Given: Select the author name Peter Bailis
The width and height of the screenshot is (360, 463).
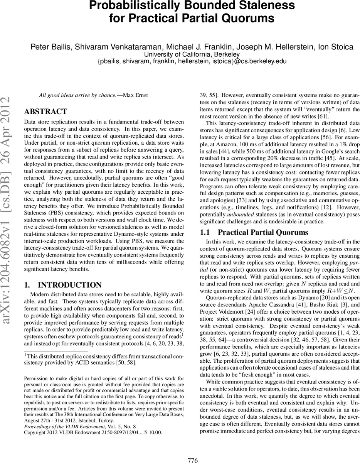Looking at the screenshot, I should tap(48, 47).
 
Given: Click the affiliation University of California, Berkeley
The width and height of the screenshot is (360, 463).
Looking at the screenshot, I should tap(192, 54).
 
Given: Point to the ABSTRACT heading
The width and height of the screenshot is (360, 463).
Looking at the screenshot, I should tap(45, 112).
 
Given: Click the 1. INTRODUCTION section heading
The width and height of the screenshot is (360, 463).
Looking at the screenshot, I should tap(63, 285).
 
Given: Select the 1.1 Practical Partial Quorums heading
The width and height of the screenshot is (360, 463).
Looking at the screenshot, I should tap(254, 232).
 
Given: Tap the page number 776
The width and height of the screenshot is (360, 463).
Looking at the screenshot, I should tap(192, 449).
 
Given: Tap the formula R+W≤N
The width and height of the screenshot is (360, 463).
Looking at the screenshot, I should tap(340, 290).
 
